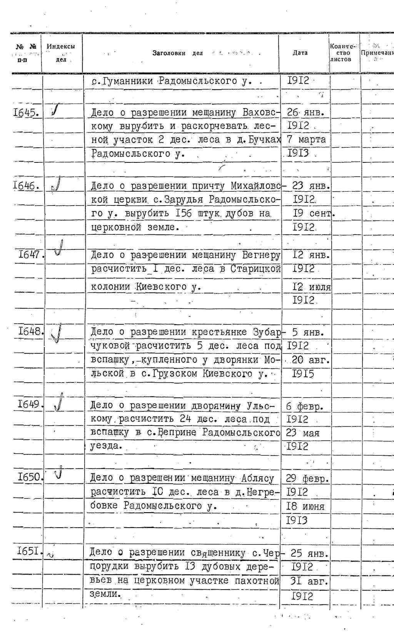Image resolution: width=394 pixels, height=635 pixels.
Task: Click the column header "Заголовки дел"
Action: pos(177,53)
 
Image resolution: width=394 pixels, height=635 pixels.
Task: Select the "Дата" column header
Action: pos(300,53)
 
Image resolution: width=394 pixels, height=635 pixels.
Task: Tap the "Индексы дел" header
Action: pos(61,53)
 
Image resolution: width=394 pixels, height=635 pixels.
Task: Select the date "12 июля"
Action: pos(312,287)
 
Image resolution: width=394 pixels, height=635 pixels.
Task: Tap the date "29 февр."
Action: pos(307,478)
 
